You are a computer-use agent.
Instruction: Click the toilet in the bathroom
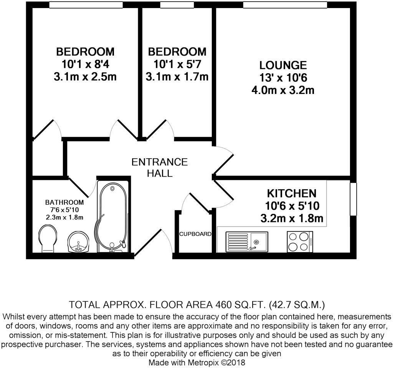(48, 238)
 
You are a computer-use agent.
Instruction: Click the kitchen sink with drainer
(247, 242)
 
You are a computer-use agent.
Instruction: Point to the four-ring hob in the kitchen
(299, 241)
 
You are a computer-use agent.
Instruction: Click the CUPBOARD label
(195, 234)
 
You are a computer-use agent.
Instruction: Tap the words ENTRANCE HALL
(159, 168)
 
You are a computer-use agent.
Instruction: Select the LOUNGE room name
(283, 65)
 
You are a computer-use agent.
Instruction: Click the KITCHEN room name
(292, 193)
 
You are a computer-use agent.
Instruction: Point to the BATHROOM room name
(64, 202)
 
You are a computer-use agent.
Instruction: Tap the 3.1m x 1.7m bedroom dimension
(177, 77)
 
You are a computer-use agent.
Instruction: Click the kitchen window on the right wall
(353, 199)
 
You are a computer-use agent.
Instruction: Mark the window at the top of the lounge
(285, 5)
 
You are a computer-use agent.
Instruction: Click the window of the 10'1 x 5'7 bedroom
(172, 5)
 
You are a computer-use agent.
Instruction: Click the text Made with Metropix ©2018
(196, 362)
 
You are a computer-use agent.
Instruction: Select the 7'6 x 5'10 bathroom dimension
(64, 210)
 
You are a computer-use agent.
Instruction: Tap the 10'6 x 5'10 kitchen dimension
(292, 206)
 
